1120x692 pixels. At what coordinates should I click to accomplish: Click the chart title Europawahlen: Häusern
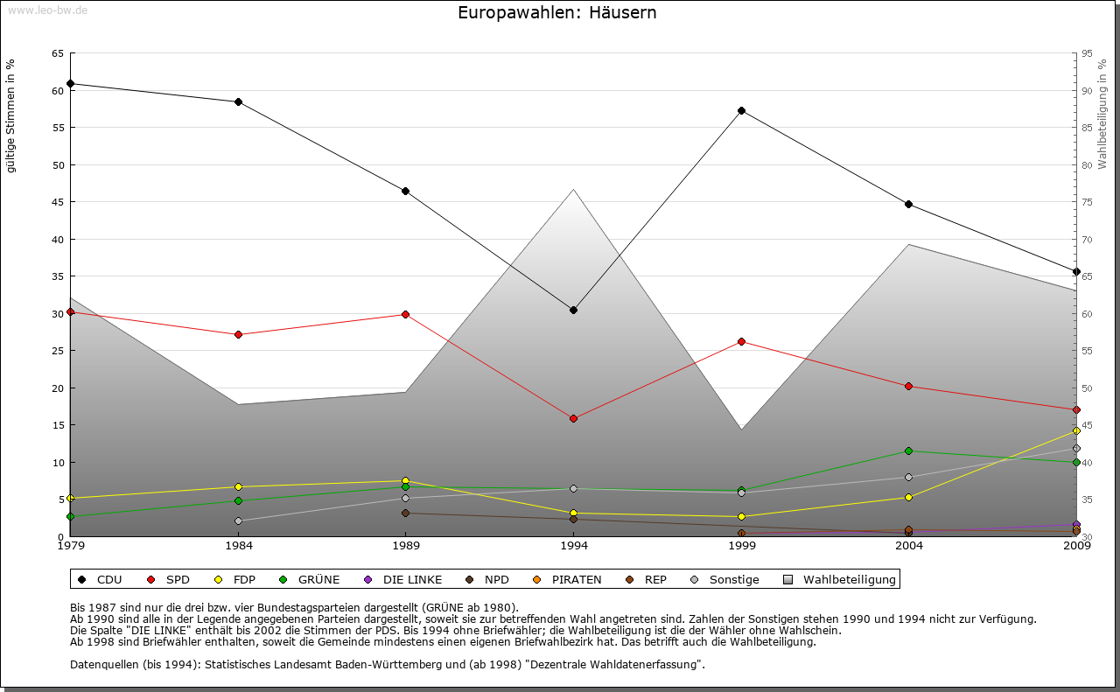[x=556, y=13]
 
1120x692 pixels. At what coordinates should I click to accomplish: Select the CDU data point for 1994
[x=573, y=310]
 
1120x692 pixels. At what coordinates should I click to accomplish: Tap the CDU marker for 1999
[x=741, y=110]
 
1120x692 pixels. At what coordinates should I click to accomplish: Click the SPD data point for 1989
[x=405, y=314]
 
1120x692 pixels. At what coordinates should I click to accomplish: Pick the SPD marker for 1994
[x=573, y=418]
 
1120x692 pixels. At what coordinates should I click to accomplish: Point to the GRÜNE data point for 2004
[x=908, y=451]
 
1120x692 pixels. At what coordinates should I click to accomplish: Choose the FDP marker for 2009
[x=1076, y=430]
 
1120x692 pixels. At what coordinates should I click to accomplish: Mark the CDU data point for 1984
[x=238, y=101]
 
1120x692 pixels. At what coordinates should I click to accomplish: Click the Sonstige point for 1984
[x=238, y=521]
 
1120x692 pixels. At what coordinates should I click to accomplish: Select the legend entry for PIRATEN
[x=568, y=579]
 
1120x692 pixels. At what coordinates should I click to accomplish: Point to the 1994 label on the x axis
[x=573, y=546]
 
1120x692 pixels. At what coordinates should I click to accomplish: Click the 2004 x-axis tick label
[x=908, y=546]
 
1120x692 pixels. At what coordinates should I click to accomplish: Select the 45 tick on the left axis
[x=58, y=202]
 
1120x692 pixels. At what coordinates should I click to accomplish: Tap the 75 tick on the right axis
[x=1087, y=202]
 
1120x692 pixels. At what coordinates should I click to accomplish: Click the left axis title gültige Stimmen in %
[x=11, y=116]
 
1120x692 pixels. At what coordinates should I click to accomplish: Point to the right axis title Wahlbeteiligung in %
[x=1102, y=115]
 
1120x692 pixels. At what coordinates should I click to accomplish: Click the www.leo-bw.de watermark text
[x=46, y=10]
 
